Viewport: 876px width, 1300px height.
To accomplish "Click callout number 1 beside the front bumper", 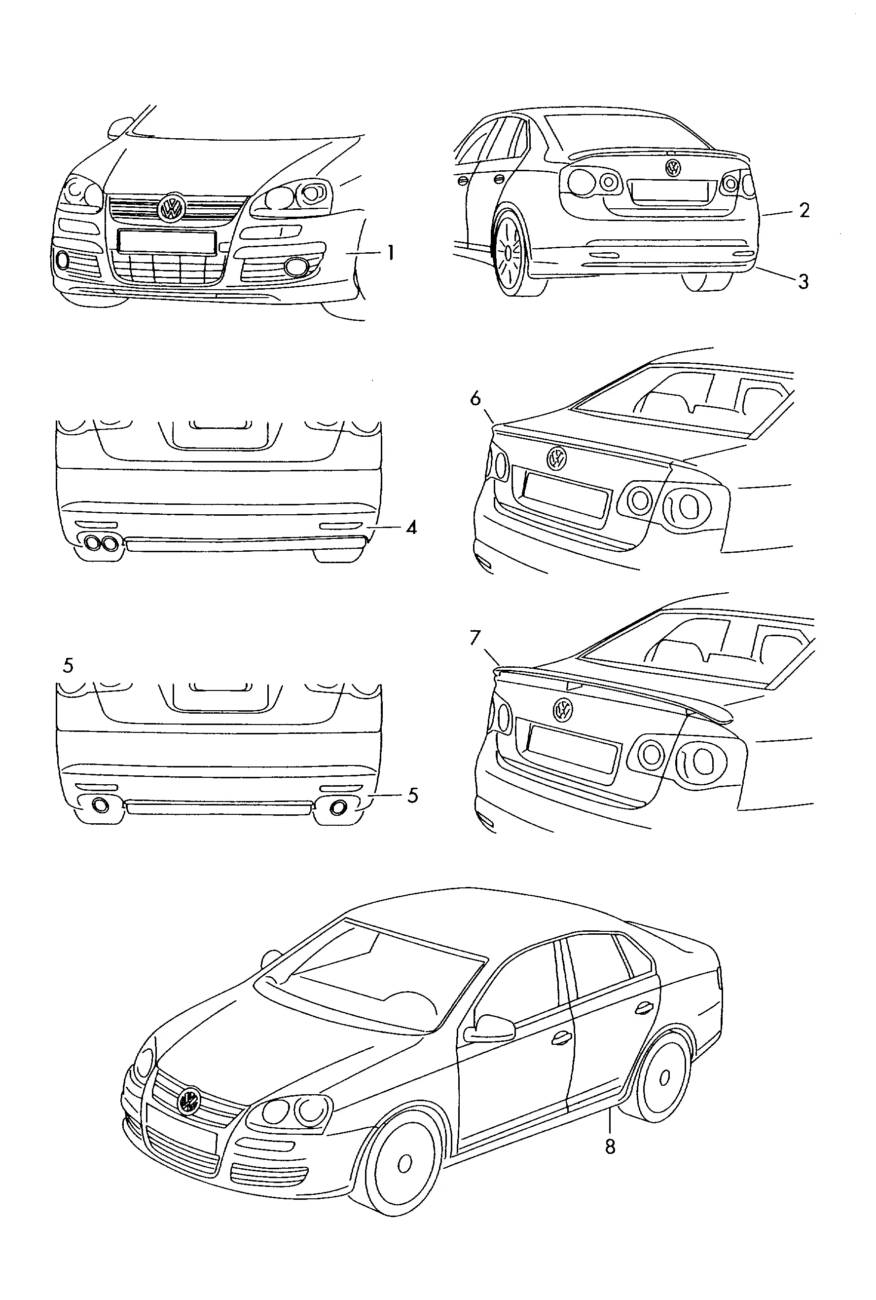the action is click(391, 253).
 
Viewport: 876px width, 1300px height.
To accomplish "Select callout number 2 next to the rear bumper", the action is click(804, 210).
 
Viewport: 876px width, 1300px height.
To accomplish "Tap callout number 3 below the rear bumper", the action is click(803, 282).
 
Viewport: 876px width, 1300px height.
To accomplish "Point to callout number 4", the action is click(412, 527).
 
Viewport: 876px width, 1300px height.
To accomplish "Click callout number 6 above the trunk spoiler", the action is click(475, 398).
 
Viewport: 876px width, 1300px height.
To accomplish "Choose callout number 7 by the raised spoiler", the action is click(475, 638).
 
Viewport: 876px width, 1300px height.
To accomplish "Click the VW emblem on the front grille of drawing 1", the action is click(171, 208).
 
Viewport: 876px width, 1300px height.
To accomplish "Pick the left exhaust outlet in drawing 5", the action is click(101, 805).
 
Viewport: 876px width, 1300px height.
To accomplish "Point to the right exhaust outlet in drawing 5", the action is click(338, 807).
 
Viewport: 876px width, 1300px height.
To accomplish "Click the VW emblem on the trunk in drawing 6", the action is click(556, 458).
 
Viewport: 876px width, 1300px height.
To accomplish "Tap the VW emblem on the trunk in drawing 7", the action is click(563, 710).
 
